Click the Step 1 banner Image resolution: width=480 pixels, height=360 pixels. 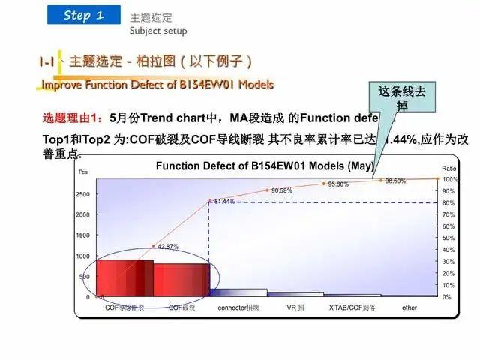(x=83, y=15)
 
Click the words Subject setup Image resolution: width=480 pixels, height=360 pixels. (x=157, y=31)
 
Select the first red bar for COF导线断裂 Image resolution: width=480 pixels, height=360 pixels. (x=125, y=278)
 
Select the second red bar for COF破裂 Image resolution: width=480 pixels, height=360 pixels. (x=181, y=280)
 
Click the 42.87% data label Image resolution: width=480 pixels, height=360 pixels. (x=167, y=247)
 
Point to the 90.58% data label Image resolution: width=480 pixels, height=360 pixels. (x=282, y=191)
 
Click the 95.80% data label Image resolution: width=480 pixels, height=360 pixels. (x=337, y=184)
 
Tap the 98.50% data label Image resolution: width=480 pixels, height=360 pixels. (x=395, y=181)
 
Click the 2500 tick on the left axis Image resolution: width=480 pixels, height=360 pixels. (x=82, y=195)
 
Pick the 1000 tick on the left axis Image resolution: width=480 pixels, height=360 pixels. (x=82, y=256)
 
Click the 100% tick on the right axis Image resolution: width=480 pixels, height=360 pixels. (x=449, y=180)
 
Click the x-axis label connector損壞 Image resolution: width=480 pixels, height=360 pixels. (x=238, y=307)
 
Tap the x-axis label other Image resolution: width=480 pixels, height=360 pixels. (x=409, y=307)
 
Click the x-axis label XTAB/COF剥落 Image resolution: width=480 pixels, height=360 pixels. (x=352, y=307)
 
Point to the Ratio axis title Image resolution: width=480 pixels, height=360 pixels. (x=448, y=169)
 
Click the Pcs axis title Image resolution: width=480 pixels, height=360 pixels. (x=83, y=172)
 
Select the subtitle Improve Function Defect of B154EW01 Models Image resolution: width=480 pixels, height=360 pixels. (x=157, y=84)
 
